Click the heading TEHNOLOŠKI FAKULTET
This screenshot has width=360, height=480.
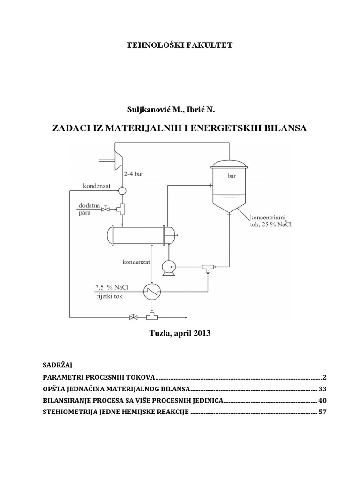pos(180,45)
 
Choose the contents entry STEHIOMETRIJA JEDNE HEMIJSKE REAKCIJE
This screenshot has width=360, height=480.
pos(115,412)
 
